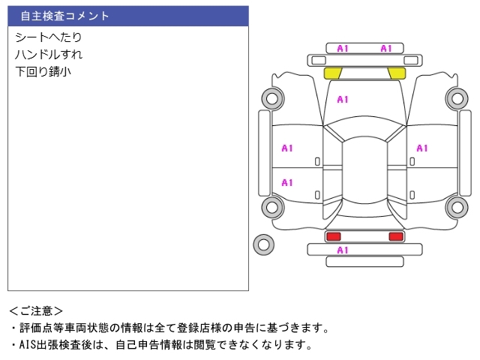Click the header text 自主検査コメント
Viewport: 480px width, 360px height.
[x=64, y=16]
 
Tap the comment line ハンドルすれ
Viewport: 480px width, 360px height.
[x=49, y=55]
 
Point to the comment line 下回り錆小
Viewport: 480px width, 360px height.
[x=43, y=73]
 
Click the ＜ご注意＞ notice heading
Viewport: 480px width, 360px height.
[x=36, y=310]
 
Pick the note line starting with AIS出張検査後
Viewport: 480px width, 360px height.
[x=160, y=345]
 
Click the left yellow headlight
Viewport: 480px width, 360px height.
[x=332, y=73]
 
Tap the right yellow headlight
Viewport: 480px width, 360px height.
[x=396, y=73]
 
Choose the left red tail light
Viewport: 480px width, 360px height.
[x=332, y=236]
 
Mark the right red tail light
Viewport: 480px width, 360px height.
[x=395, y=236]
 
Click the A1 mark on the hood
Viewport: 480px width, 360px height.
[x=343, y=99]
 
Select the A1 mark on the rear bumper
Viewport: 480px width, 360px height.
[x=343, y=250]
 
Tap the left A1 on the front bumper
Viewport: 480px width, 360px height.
[x=343, y=49]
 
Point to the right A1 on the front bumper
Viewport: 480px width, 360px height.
[x=386, y=49]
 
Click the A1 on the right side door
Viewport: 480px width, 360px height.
[x=421, y=148]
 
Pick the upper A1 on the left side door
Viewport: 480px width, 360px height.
[x=287, y=148]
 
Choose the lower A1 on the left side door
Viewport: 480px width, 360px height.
[x=287, y=182]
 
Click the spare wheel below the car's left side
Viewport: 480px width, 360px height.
[x=263, y=244]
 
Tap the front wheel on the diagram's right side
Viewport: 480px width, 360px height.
[x=456, y=97]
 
